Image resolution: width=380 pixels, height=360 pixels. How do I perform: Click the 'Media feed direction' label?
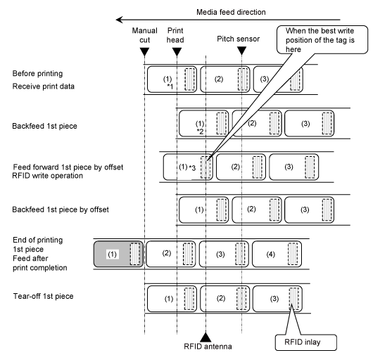coord(231,12)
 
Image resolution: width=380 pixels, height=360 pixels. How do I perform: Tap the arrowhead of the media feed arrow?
coord(119,20)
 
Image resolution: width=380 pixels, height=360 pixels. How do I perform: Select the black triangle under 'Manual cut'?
coord(145,52)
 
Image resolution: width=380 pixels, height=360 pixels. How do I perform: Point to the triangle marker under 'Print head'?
coord(177,52)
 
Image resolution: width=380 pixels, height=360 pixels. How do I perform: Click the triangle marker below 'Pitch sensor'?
coord(241,51)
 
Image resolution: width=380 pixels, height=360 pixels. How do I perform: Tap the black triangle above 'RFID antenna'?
coord(205,337)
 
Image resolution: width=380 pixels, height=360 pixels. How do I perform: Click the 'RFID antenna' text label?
coord(208,347)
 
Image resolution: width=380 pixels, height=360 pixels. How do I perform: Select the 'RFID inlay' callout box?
coord(306,342)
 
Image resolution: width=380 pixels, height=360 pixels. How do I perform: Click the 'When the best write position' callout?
coord(322,39)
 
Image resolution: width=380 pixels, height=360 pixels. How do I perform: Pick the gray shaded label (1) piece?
coord(118,254)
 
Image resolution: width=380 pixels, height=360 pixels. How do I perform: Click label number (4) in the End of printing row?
coord(270,254)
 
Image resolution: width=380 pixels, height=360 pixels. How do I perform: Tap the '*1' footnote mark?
coord(170,86)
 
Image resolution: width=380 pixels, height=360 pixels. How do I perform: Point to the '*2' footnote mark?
coord(200,131)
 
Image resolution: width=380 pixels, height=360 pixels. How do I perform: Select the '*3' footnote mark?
coord(192,167)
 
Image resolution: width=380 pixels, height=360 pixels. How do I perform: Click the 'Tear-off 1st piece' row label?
coord(43,296)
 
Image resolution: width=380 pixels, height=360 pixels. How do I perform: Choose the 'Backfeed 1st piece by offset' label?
coord(61,210)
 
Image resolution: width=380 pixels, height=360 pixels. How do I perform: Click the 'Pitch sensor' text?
coord(239,39)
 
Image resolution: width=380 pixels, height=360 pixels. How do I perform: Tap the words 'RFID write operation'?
coord(48,176)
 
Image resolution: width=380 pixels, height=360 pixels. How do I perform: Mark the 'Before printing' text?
coord(37,73)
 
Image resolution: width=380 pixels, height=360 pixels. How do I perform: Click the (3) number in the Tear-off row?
coord(274,299)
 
